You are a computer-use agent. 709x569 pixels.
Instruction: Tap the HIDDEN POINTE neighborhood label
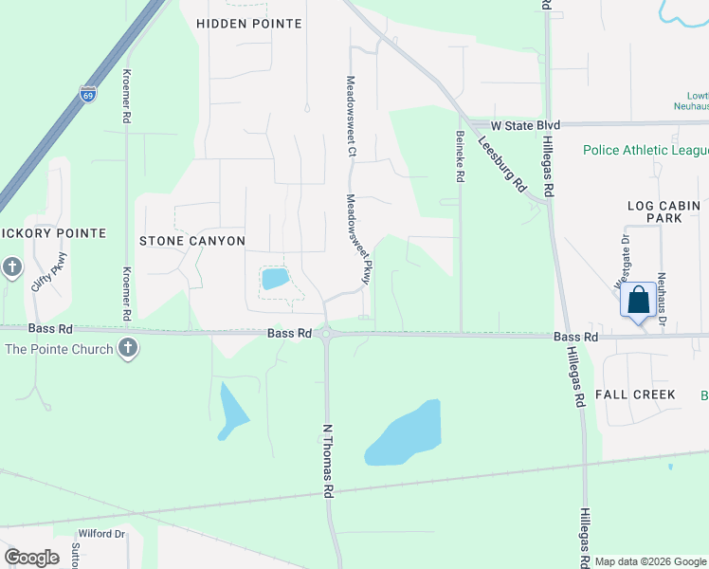248,24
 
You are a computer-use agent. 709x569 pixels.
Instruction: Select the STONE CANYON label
192,241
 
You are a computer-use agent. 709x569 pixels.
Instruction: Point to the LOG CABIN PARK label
664,211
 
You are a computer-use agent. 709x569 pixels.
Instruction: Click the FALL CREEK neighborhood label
635,395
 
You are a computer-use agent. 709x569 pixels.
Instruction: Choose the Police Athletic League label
645,150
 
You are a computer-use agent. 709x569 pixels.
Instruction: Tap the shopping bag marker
639,301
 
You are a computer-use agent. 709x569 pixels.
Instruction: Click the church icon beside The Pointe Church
129,349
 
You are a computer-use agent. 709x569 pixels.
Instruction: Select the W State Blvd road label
525,125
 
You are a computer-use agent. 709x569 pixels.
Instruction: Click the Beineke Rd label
459,156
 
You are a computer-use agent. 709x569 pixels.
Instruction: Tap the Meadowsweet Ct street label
351,116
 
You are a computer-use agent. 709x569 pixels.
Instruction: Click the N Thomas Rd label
328,461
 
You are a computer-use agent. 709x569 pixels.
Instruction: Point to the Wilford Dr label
101,534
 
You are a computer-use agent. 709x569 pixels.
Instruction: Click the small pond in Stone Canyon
275,279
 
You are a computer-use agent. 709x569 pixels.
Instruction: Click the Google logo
31,558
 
